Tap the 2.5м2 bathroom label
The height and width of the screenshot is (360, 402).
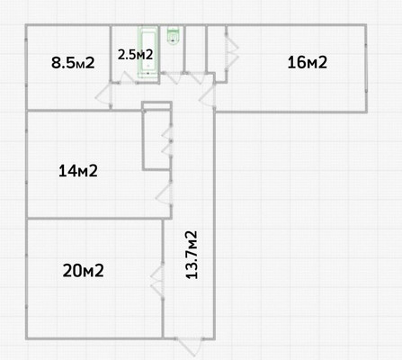[135, 54]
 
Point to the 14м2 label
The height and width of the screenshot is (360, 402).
[77, 170]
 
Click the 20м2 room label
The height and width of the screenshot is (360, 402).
[83, 270]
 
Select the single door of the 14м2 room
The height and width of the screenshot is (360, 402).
[164, 193]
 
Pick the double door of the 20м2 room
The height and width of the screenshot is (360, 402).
[157, 279]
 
